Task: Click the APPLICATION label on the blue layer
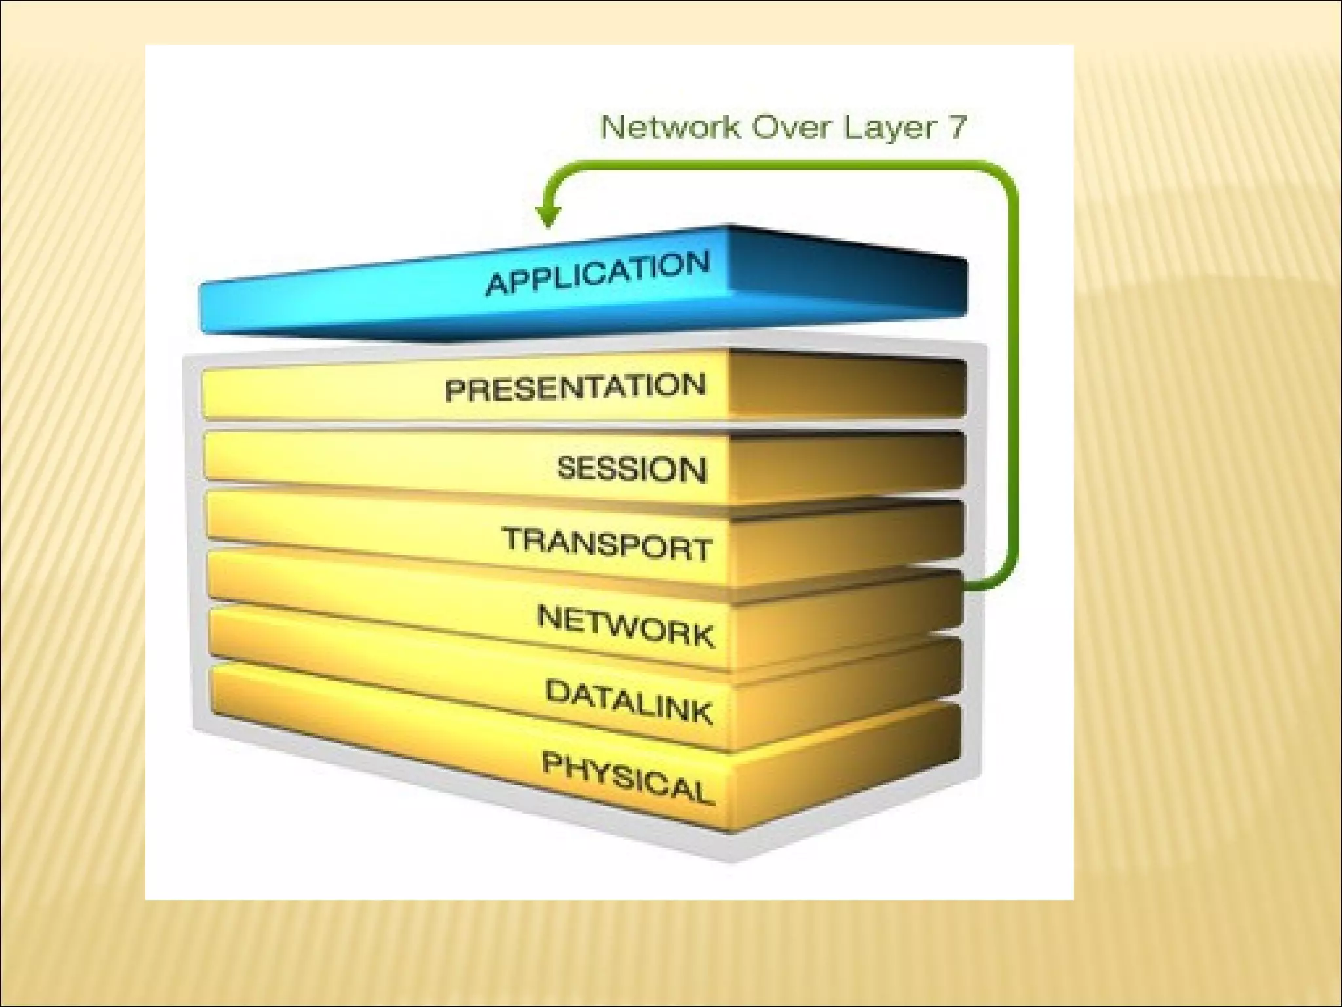[x=598, y=273]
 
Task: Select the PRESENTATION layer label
[x=575, y=388]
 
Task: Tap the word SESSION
[x=632, y=469]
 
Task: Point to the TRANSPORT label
[x=607, y=544]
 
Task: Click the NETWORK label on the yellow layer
[x=625, y=626]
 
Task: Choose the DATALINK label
[x=628, y=702]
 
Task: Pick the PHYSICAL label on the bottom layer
[x=627, y=778]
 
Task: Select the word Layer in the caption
[x=888, y=128]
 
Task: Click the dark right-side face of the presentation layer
[x=845, y=387]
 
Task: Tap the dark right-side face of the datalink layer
[x=845, y=698]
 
